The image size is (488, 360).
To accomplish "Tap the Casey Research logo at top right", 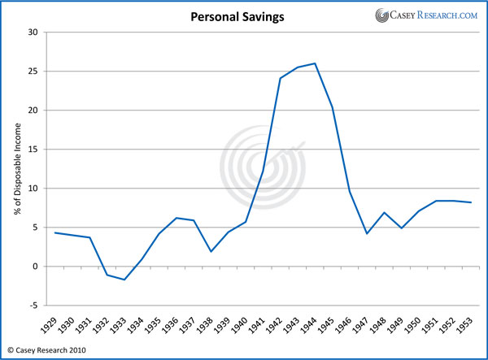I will (x=425, y=15).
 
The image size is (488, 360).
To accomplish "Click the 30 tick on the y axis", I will (x=33, y=33).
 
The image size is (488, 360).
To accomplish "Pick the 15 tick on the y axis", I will (x=33, y=150).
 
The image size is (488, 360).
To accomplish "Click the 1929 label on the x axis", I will (x=53, y=327).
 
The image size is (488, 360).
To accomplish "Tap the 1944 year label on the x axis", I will (x=314, y=327).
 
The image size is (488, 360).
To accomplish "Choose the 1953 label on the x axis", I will (x=471, y=327).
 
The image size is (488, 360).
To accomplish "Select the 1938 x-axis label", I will (x=210, y=327).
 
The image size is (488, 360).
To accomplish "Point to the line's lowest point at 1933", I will (x=124, y=280).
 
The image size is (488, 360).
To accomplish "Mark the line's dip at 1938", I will (x=211, y=251).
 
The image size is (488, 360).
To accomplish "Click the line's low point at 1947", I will (x=367, y=234).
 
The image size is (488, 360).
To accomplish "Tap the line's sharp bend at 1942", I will (x=280, y=78).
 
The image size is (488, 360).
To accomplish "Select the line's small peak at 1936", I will (x=176, y=218).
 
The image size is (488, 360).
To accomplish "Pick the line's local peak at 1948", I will (x=384, y=212).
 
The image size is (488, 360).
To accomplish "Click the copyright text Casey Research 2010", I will (x=50, y=350).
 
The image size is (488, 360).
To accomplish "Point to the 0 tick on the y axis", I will (x=36, y=267).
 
